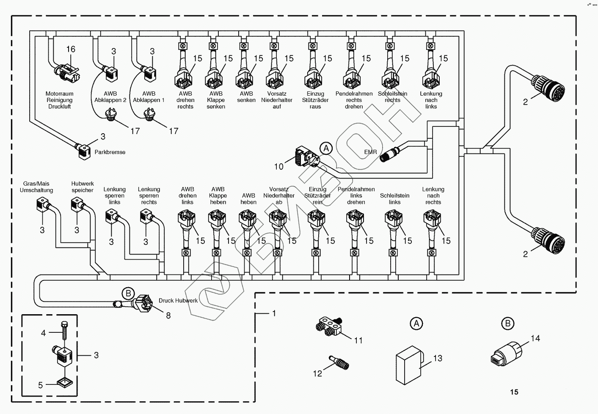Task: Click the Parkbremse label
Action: click(110, 152)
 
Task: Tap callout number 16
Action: click(71, 49)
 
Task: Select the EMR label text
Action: click(370, 152)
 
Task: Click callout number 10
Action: click(278, 167)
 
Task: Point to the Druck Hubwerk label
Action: click(178, 301)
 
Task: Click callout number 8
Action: click(168, 315)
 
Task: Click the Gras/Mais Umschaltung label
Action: click(36, 187)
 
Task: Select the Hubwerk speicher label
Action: click(83, 187)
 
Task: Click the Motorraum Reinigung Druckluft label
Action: click(59, 100)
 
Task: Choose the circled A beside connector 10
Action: click(325, 148)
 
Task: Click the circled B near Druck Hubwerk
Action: click(128, 293)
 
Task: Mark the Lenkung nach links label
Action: click(431, 100)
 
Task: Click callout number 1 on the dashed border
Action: click(274, 313)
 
